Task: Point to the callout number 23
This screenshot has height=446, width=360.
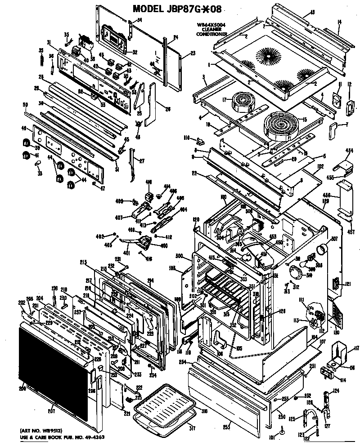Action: click(193, 53)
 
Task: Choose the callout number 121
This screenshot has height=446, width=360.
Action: click(348, 284)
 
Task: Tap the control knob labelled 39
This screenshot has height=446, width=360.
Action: click(27, 143)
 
